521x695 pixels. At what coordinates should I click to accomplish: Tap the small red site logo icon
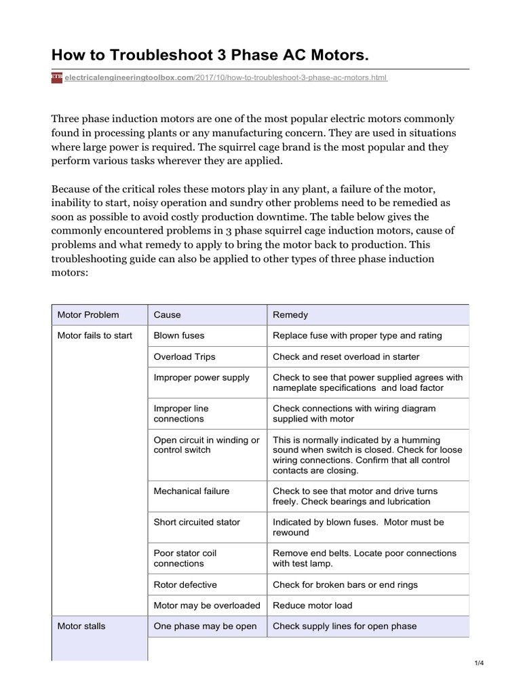tap(56, 78)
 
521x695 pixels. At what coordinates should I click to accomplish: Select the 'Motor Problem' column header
tap(88, 315)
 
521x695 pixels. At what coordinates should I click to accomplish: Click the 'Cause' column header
tap(168, 315)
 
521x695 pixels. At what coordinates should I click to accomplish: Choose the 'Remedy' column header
tap(290, 315)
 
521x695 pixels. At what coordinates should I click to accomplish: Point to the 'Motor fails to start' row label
tap(95, 335)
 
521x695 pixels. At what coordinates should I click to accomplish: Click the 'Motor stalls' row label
tap(81, 626)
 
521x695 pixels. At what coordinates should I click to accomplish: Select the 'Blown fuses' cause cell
tap(179, 335)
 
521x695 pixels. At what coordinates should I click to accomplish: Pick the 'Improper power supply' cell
tap(201, 377)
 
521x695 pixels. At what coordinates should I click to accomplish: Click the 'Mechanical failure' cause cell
tap(192, 491)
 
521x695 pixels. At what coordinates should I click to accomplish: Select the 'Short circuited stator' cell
tap(197, 522)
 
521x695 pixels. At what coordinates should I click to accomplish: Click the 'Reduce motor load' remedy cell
tap(313, 605)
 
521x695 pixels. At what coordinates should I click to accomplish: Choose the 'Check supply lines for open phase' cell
tap(345, 626)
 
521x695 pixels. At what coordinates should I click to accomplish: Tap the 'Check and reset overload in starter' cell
tap(346, 356)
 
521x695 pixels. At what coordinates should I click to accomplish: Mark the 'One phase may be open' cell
tap(206, 626)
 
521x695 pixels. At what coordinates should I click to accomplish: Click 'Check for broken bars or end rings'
tap(345, 584)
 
